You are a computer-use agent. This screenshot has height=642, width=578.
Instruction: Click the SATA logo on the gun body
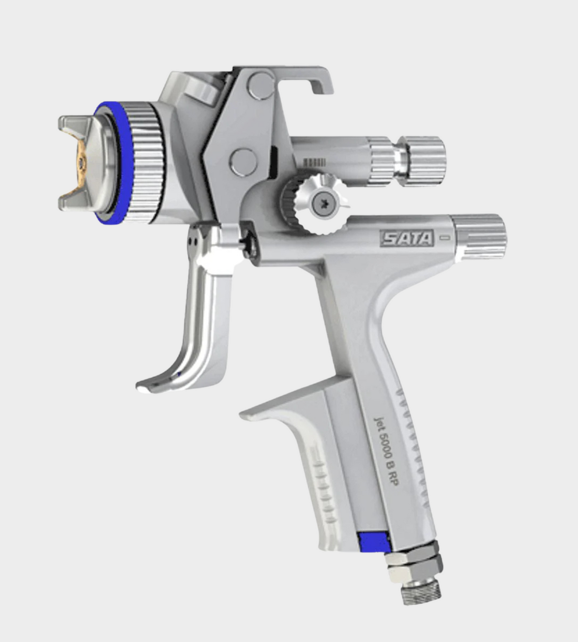pyautogui.click(x=407, y=238)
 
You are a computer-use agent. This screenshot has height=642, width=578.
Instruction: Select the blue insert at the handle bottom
pyautogui.click(x=373, y=542)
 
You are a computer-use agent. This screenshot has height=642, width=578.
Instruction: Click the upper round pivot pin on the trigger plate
pyautogui.click(x=260, y=85)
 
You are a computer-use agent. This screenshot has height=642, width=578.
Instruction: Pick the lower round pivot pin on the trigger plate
pyautogui.click(x=242, y=161)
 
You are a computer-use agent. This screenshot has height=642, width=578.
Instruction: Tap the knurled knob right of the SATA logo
pyautogui.click(x=479, y=236)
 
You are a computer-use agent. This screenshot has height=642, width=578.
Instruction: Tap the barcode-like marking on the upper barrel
pyautogui.click(x=315, y=162)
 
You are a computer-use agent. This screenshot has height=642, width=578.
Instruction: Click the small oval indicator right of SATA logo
pyautogui.click(x=445, y=237)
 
